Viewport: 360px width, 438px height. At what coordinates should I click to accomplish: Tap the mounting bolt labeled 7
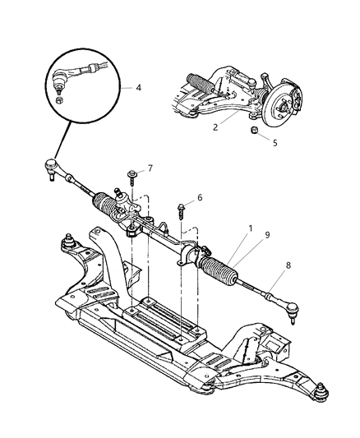click(132, 175)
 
